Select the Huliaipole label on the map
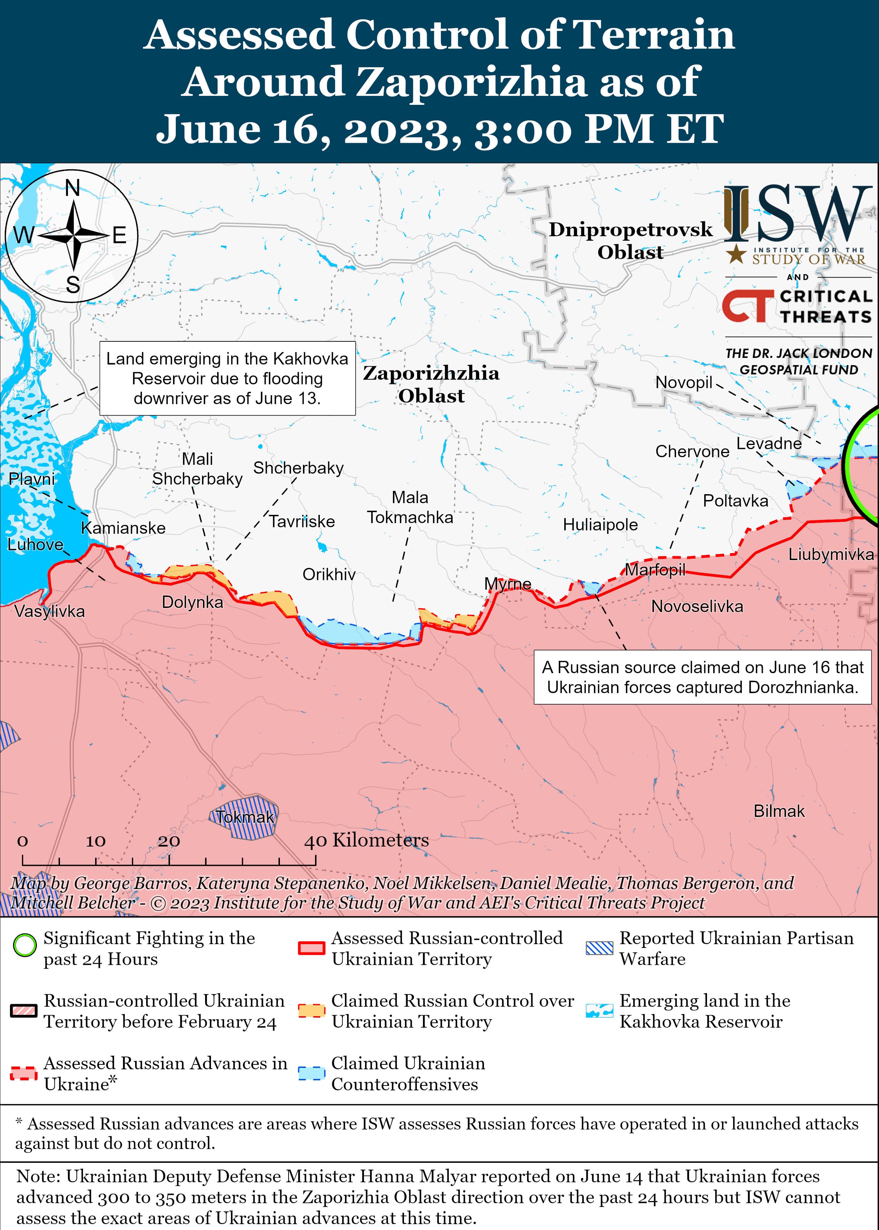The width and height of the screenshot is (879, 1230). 600,524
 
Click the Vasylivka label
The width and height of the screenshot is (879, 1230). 49,611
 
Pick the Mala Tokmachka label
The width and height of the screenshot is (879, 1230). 410,507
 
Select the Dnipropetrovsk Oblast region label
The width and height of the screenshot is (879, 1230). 630,240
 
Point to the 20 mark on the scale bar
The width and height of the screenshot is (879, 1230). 169,841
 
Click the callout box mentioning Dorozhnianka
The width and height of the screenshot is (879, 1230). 702,677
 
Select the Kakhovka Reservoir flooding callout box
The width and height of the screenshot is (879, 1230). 227,378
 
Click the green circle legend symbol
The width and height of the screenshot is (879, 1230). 24,945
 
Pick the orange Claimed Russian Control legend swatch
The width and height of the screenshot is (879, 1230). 311,1010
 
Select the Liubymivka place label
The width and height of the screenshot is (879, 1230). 830,554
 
